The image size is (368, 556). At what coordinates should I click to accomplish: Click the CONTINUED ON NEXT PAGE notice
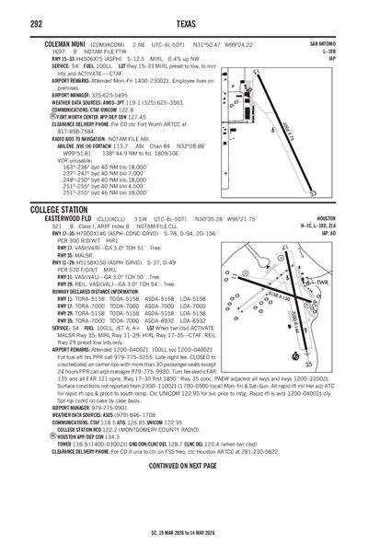pyautogui.click(x=182, y=466)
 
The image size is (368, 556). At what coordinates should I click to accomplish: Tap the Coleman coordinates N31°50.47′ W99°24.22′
pyautogui.click(x=227, y=43)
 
